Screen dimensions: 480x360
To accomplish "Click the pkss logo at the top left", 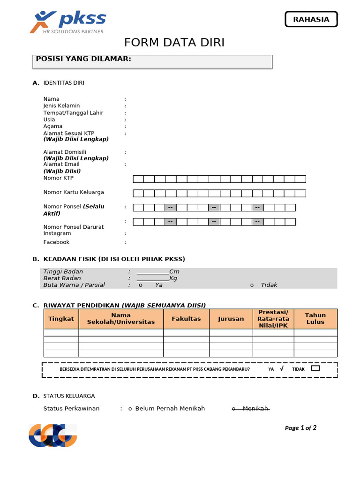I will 68,22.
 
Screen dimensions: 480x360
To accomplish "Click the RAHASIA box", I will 311,19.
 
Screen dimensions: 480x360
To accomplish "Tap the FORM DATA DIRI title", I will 174,43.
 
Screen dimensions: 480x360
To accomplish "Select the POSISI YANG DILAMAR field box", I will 154,62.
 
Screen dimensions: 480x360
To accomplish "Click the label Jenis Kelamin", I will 61,106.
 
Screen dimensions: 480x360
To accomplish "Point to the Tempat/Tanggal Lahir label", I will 73,113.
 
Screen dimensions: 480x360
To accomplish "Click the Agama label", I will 52,127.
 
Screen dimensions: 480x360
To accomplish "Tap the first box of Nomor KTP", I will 138,179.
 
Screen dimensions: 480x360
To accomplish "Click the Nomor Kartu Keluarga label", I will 74,193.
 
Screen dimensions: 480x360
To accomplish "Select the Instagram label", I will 57,233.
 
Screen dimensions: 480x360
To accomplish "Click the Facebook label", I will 56,242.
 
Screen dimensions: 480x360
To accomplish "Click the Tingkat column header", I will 61,319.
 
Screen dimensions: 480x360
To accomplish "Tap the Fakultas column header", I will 186,319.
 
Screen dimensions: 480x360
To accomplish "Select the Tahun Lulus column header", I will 315,319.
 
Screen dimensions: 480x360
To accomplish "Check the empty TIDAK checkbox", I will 315,368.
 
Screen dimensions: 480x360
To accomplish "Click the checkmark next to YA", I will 281,369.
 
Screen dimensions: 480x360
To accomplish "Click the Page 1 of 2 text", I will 300,428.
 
